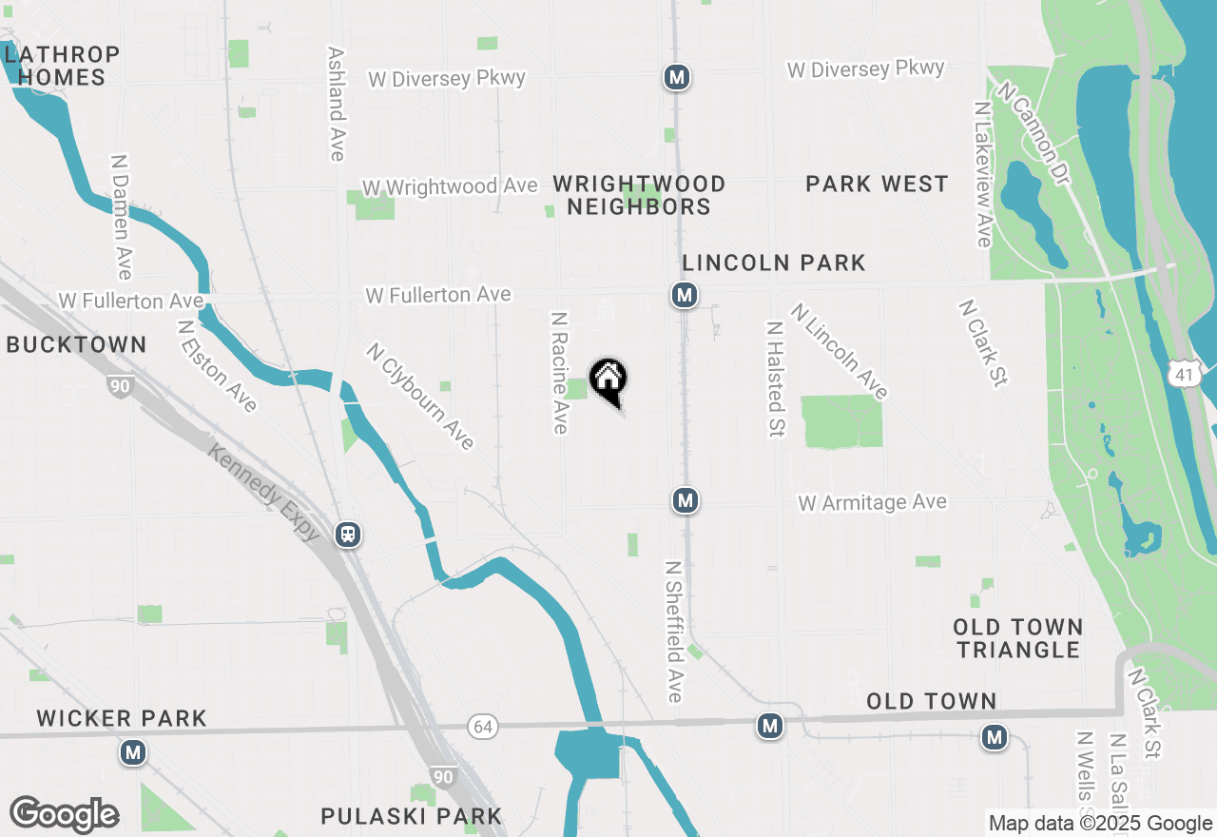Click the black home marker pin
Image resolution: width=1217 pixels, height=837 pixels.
coord(608,380)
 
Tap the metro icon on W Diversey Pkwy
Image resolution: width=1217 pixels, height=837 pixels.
coord(676,77)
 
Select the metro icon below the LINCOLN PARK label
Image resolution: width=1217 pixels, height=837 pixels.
coord(684,295)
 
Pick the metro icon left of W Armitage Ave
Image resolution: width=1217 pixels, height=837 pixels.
coord(685,499)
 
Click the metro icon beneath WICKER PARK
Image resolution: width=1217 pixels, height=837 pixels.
coord(132,753)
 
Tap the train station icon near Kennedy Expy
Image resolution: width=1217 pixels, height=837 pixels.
coord(348,535)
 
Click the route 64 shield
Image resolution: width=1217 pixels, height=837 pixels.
coord(482,728)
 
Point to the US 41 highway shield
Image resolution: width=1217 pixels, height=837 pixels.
coord(1184,375)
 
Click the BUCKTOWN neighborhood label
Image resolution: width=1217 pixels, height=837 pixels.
coord(76,344)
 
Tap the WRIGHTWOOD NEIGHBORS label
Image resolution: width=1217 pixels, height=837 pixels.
coord(639,195)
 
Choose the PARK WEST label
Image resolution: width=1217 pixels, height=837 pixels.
coord(877,184)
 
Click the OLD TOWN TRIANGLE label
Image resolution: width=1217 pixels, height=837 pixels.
coord(1018,638)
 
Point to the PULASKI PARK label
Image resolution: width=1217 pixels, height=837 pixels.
coord(411,816)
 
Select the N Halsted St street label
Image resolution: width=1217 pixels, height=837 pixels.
coord(775,378)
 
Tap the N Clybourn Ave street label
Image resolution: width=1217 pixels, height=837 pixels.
coord(419,396)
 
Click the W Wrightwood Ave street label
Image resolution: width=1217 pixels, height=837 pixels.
coord(450,187)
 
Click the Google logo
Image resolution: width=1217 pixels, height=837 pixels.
coord(64,815)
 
